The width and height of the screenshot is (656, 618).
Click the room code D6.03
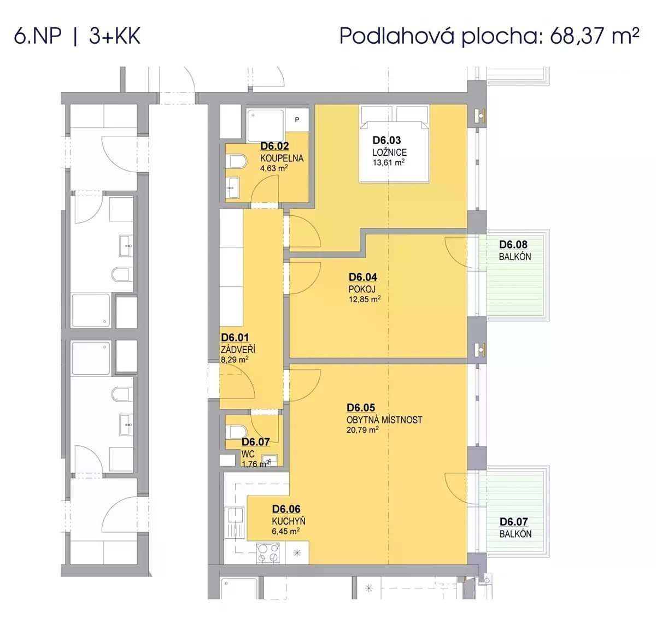[386, 140]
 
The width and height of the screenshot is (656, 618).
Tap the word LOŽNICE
[389, 152]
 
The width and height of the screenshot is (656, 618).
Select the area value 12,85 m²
[365, 299]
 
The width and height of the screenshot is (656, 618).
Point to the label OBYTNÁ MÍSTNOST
[384, 420]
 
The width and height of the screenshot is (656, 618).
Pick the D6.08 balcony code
[513, 244]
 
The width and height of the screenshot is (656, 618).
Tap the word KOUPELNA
[282, 158]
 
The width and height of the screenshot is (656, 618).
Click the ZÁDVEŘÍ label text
[238, 350]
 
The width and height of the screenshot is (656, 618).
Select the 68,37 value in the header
[578, 36]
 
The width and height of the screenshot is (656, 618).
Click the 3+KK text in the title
[115, 36]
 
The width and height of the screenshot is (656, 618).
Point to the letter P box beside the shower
[297, 120]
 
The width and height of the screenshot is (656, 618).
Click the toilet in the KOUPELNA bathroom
[238, 162]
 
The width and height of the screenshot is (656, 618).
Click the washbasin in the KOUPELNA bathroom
[233, 187]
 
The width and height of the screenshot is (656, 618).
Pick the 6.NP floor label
[37, 36]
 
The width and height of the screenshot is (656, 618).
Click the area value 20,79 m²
[362, 429]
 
